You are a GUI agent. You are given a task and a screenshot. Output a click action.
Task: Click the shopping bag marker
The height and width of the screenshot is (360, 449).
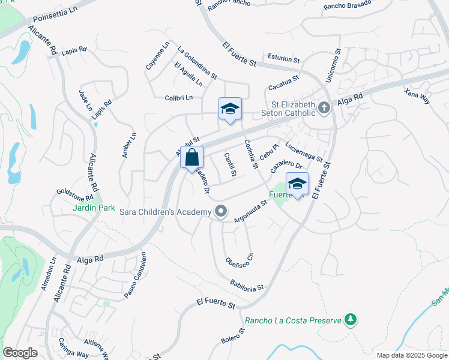pos(191,158)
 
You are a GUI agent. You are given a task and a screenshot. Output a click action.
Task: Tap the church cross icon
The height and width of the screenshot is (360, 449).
pos(324,109)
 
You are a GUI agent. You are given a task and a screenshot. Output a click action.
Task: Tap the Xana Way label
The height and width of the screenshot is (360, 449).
pos(417,96)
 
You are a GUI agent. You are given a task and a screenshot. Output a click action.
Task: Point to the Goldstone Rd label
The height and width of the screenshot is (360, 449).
pos(74,194)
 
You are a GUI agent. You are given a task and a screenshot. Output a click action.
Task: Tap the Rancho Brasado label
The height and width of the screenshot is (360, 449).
pos(347,5)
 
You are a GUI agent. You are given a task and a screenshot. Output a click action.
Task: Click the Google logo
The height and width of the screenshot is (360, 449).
pos(20,353)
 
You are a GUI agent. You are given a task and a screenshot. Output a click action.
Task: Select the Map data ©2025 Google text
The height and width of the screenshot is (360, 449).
pos(412,355)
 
